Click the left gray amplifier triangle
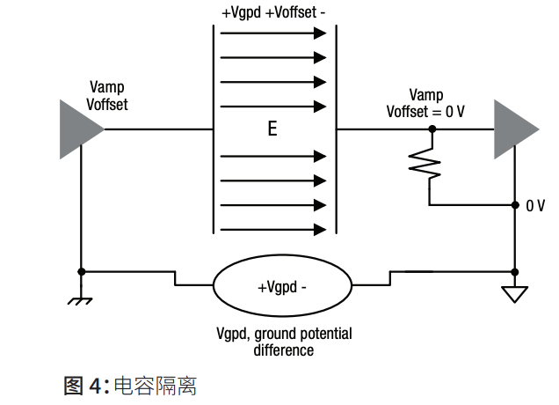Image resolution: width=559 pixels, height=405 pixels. tap(77, 129)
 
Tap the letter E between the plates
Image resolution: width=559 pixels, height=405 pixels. tap(272, 130)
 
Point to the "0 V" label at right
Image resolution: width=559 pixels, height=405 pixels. tap(535, 205)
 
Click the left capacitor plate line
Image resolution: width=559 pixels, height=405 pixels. tap(214, 132)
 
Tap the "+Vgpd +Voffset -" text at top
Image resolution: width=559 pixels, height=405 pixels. tap(273, 12)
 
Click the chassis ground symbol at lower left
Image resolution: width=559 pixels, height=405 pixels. tap(81, 299)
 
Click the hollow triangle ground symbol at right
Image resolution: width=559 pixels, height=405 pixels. tap(515, 294)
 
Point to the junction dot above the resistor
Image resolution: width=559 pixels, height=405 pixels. tap(431, 129)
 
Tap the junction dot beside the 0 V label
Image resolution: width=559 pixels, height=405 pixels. tap(515, 205)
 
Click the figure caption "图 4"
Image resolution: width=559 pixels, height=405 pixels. tap(85, 385)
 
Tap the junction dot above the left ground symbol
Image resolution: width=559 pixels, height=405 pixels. tap(81, 271)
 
